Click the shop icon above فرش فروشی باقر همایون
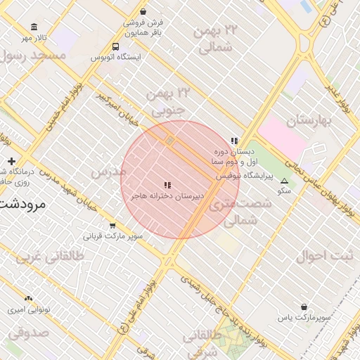[x=143, y=12]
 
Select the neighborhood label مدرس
[x=108, y=172]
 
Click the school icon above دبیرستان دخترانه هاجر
[x=167, y=185]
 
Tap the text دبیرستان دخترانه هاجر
[x=167, y=196]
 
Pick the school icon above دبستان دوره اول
[x=234, y=141]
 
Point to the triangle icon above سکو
[x=284, y=181]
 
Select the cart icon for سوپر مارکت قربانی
[x=113, y=225]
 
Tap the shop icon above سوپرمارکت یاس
[x=303, y=307]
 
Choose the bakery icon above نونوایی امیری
[x=28, y=299]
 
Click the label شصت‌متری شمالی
[x=240, y=212]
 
